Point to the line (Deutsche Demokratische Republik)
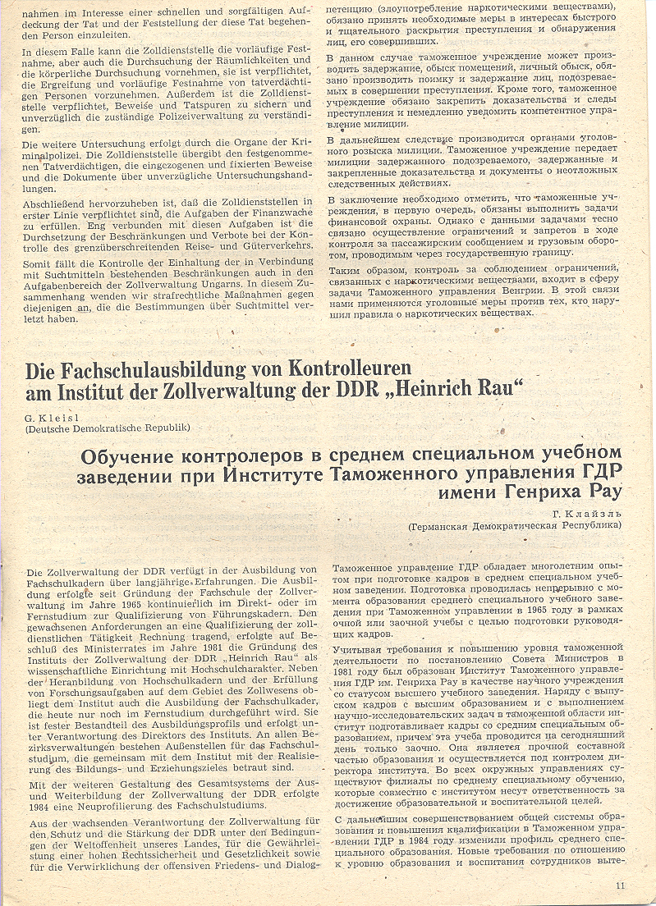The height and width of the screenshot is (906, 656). tap(108, 428)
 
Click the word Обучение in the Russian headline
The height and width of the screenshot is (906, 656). tap(129, 455)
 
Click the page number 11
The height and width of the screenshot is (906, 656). tap(620, 885)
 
